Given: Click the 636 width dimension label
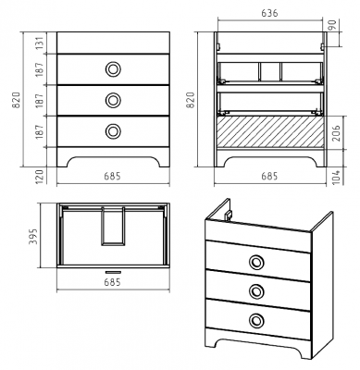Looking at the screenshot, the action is tap(269, 13).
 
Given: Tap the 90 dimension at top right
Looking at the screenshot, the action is tap(331, 25).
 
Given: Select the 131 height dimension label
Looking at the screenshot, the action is tap(40, 43).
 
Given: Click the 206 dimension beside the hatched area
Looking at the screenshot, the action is tap(336, 133).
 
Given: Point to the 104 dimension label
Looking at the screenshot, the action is tap(337, 177).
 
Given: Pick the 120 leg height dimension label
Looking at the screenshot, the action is tap(40, 177).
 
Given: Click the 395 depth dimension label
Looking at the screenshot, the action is tap(32, 236).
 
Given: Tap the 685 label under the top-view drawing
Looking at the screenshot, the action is tap(112, 282).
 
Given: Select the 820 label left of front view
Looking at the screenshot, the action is tap(16, 100).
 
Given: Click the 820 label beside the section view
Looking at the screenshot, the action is tap(191, 100).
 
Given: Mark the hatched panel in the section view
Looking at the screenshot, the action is tap(270, 132).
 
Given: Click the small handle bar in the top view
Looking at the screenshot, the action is tap(113, 272).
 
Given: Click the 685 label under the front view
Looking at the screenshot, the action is tap(112, 176).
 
